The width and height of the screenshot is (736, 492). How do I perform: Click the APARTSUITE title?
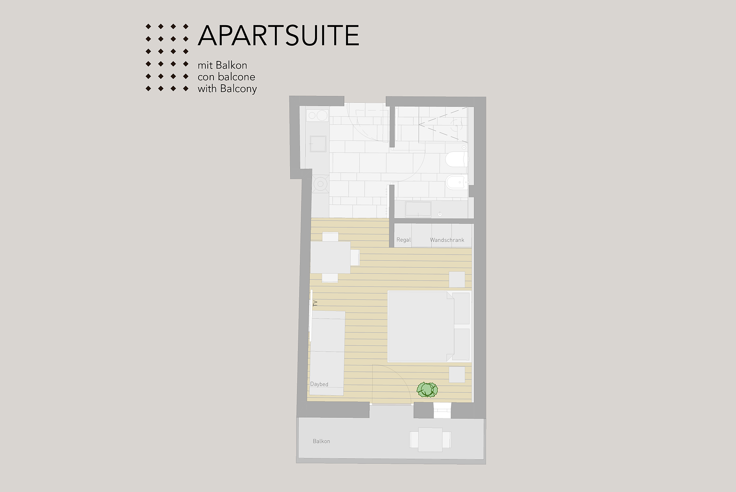tap(278, 36)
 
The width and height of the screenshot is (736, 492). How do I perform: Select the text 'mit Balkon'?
tap(222, 65)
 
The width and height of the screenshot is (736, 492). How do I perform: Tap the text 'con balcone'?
tap(226, 77)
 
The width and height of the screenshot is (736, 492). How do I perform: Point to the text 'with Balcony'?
tap(227, 89)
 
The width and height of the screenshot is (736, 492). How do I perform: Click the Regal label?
tap(404, 240)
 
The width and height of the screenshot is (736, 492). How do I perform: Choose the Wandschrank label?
tap(447, 240)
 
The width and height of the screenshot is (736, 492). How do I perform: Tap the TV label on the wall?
tap(315, 303)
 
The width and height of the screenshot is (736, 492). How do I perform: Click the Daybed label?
tap(319, 384)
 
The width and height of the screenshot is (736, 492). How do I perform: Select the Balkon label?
tap(321, 441)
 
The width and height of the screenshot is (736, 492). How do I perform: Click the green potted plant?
tap(427, 390)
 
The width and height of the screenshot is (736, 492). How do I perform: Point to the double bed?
tap(429, 326)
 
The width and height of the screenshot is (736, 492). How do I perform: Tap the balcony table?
tap(430, 440)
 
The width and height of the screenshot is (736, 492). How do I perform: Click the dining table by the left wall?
tap(330, 257)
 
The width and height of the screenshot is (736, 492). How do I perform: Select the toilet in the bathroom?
tap(457, 159)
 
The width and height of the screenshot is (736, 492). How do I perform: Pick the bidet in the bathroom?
tap(457, 182)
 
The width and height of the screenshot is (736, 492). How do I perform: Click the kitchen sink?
tap(318, 143)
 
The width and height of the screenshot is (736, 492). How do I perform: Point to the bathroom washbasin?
tap(418, 209)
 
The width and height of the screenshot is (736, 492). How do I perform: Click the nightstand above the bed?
tap(457, 279)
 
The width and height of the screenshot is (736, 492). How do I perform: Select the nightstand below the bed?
tap(457, 374)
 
